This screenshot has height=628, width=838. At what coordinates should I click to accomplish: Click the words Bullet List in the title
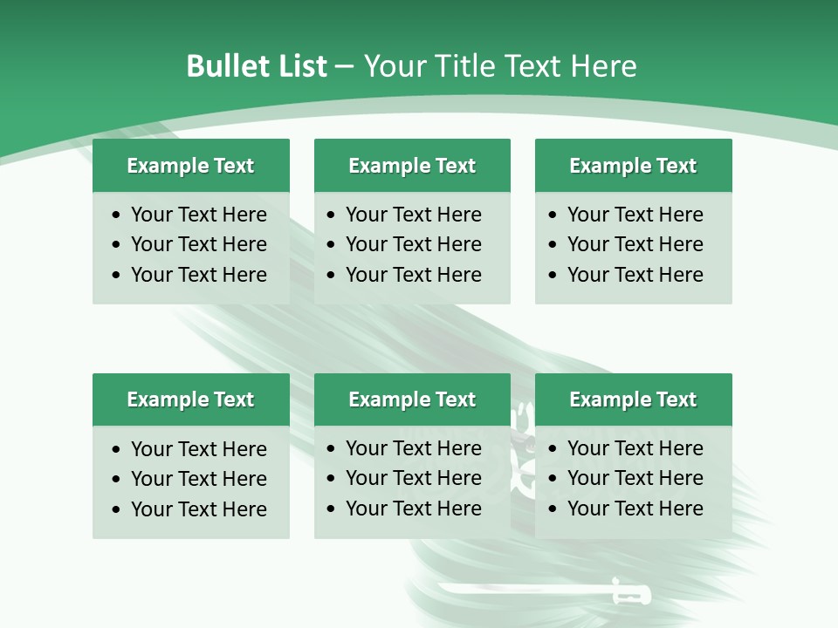pos(257,66)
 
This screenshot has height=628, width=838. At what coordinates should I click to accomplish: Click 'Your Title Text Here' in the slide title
pos(500,66)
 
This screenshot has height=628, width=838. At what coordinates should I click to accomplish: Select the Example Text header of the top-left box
pos(190,166)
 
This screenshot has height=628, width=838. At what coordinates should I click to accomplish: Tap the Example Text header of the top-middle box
pos(412,166)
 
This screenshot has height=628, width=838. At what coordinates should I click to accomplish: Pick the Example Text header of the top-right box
pos(633,166)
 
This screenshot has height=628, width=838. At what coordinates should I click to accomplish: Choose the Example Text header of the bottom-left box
pos(190,399)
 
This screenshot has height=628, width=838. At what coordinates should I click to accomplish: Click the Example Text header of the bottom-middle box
pos(412,399)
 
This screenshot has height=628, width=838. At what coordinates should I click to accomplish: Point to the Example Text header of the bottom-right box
pos(633,399)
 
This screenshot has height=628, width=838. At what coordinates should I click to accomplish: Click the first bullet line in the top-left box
pos(198,215)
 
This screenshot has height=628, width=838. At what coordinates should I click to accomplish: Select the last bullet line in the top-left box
pos(198,275)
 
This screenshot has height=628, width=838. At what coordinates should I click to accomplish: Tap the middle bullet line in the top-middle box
pos(413,244)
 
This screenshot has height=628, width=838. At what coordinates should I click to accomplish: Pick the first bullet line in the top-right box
pos(635,215)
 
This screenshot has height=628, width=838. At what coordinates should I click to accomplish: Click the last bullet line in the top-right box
pos(635,275)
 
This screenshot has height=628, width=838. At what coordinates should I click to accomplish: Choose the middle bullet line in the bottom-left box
pos(198,479)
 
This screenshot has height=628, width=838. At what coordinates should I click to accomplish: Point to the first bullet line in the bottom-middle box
pos(413,448)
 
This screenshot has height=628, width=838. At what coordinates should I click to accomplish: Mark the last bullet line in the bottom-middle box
pos(413,509)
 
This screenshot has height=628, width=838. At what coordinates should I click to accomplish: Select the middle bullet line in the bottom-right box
pos(635,478)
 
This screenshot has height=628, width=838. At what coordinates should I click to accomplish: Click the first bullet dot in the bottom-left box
pos(117,450)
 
